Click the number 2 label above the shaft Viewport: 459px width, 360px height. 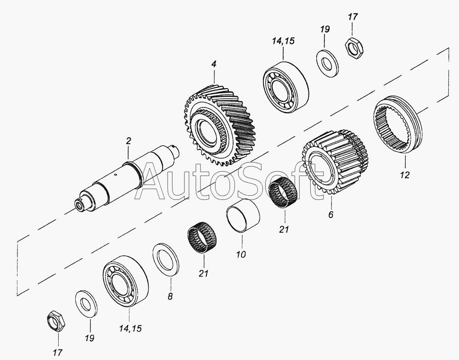pyautogui.click(x=128, y=141)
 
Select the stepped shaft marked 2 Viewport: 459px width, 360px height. pyautogui.click(x=127, y=178)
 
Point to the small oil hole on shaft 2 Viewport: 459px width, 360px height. pyautogui.click(x=116, y=175)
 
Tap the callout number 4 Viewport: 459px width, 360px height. pyautogui.click(x=214, y=64)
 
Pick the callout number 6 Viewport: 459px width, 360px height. pyautogui.click(x=331, y=215)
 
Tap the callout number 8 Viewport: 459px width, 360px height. pyautogui.click(x=170, y=297)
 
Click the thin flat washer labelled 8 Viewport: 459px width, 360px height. pyautogui.click(x=167, y=259)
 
